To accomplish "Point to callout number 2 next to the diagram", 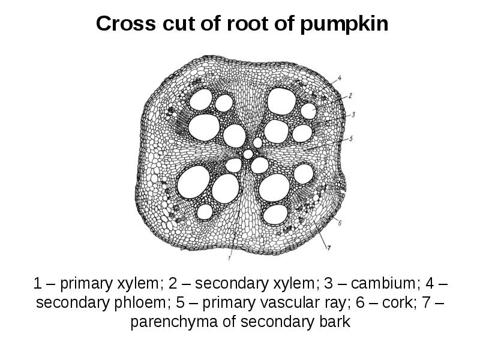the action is point(350,95).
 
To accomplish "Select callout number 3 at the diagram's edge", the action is point(354,113).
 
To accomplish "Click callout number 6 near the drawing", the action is point(340,223).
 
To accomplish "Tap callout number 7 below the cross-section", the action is point(328,247).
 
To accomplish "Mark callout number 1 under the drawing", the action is point(229,258).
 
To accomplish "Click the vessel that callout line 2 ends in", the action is point(308,110).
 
